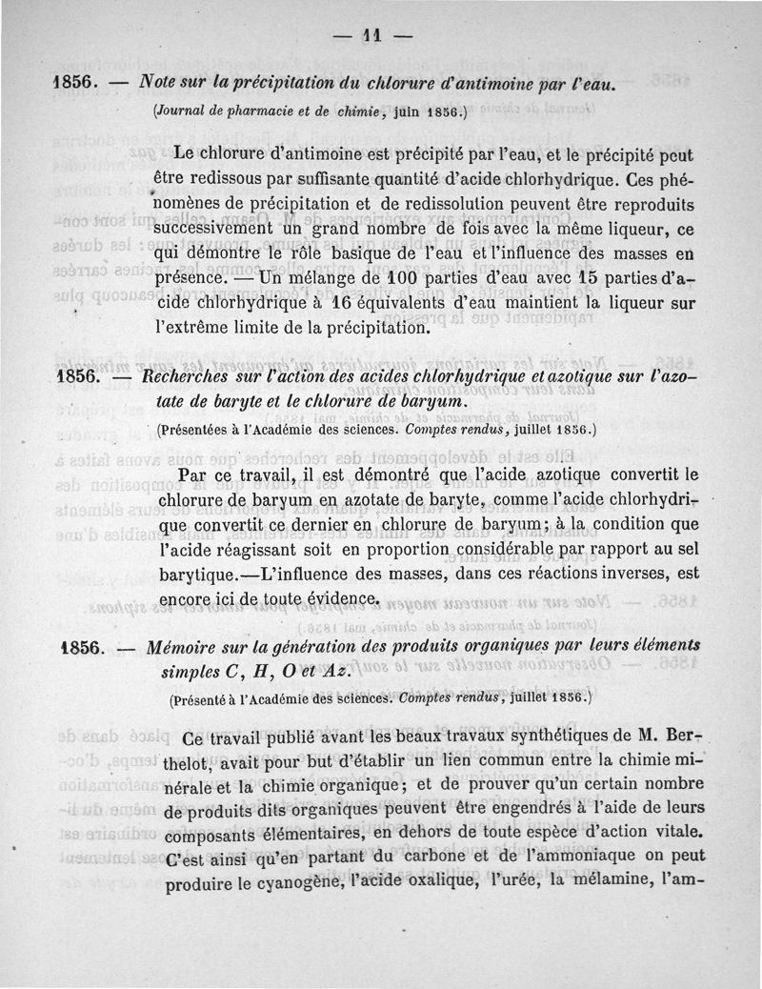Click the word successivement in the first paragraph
[x=213, y=232]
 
